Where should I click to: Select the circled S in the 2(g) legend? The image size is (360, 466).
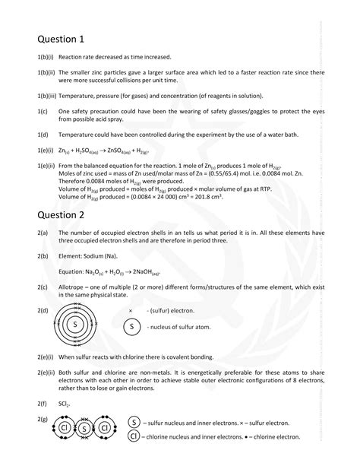point(135,422)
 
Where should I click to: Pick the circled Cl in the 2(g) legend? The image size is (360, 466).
point(135,436)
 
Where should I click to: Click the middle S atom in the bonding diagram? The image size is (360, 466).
point(84,428)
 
